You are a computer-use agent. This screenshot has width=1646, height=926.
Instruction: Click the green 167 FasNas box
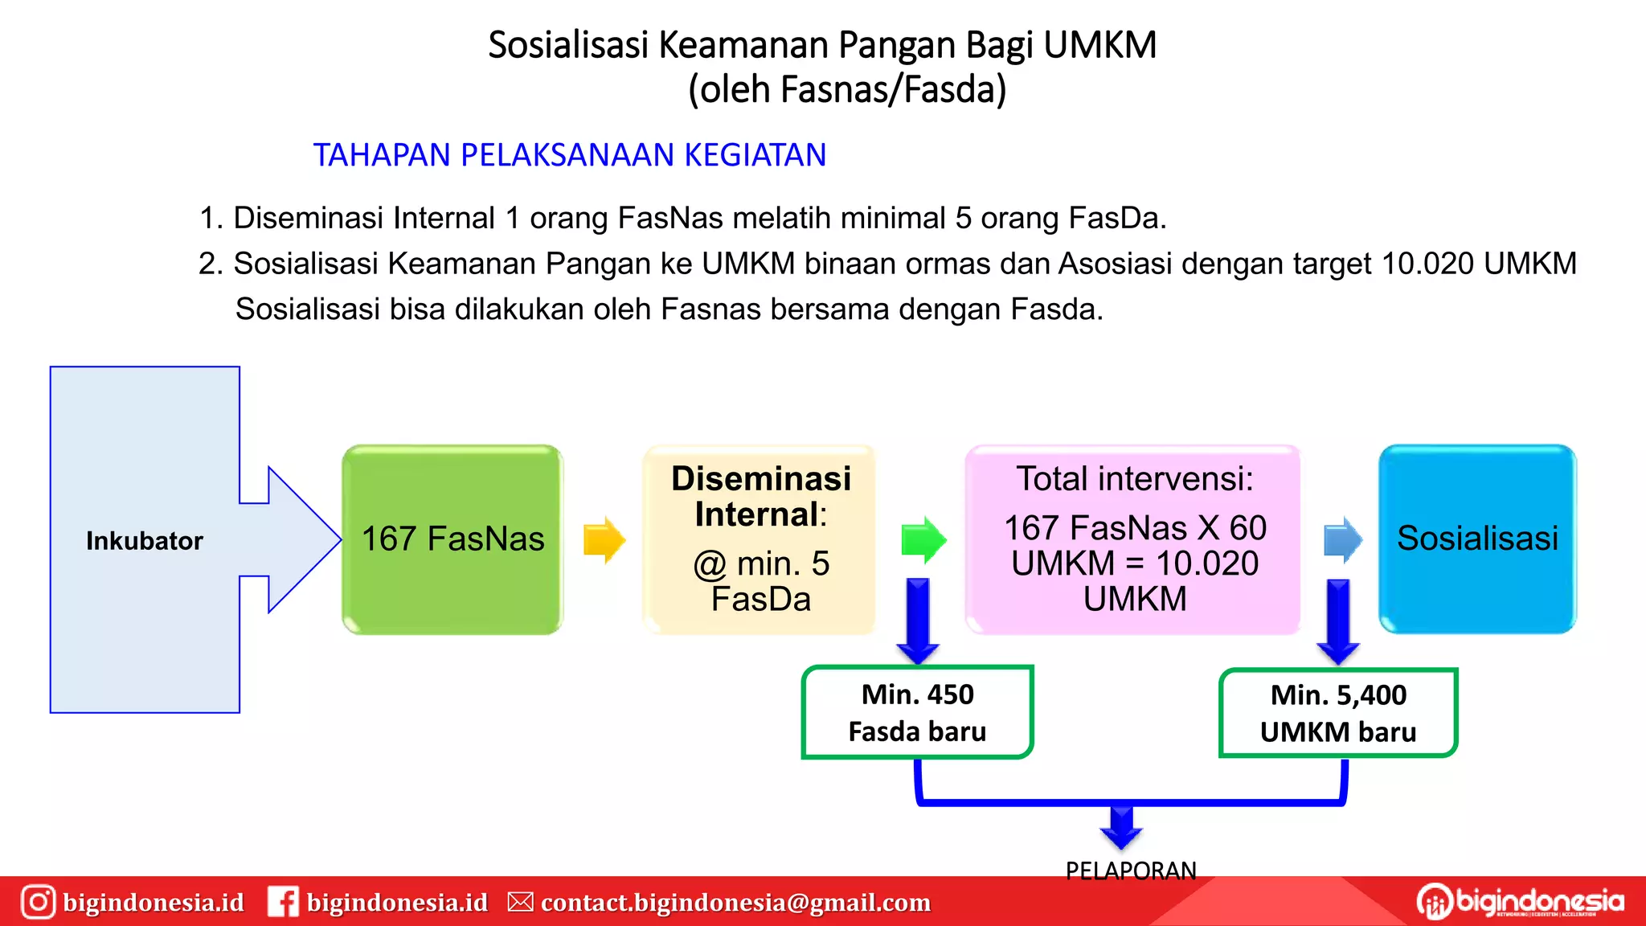click(x=452, y=539)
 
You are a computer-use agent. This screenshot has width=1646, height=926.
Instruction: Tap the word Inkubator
click(x=145, y=541)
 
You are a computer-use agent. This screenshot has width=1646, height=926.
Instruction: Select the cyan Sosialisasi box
click(x=1477, y=539)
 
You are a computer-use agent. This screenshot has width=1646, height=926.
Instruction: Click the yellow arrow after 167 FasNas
click(x=604, y=539)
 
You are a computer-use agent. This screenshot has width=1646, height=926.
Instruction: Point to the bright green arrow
click(x=923, y=539)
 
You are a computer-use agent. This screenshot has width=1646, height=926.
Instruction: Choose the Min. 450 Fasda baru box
click(x=917, y=712)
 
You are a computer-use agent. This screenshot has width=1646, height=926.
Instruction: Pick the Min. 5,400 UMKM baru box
click(x=1338, y=713)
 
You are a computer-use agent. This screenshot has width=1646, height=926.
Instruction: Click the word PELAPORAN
click(x=1131, y=871)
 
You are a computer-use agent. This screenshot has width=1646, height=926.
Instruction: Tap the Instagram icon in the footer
click(x=38, y=902)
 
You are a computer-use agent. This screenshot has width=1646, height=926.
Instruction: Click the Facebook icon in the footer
click(x=283, y=902)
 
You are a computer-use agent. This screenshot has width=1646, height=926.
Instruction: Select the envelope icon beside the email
click(x=521, y=902)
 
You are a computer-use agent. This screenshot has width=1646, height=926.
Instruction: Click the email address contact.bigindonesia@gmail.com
click(x=735, y=903)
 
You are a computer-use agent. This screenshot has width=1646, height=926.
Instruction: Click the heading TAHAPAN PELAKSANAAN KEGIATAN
click(x=570, y=155)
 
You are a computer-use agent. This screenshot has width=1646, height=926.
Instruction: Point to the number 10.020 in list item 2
click(x=1427, y=264)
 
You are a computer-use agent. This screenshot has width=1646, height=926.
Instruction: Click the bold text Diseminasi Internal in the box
click(x=761, y=496)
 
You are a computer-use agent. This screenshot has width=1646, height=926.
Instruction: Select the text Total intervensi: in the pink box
click(x=1135, y=479)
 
